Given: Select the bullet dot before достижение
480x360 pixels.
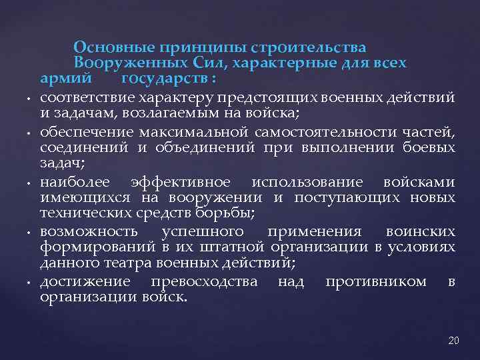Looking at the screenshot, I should point(30,282).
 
